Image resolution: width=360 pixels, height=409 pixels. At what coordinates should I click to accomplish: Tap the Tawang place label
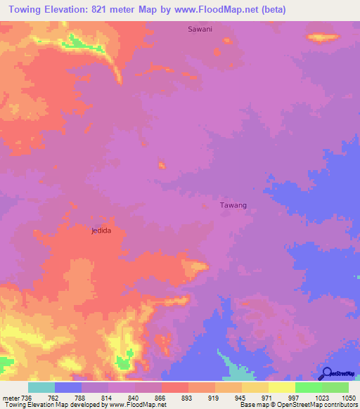coord(233,205)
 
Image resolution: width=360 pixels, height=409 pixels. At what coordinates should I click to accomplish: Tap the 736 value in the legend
coord(25,397)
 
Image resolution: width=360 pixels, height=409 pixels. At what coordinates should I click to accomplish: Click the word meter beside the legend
coord(9,397)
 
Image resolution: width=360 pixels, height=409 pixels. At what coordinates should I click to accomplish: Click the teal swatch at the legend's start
coord(41,387)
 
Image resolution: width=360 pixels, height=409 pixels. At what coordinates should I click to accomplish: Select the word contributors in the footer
coord(342,405)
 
